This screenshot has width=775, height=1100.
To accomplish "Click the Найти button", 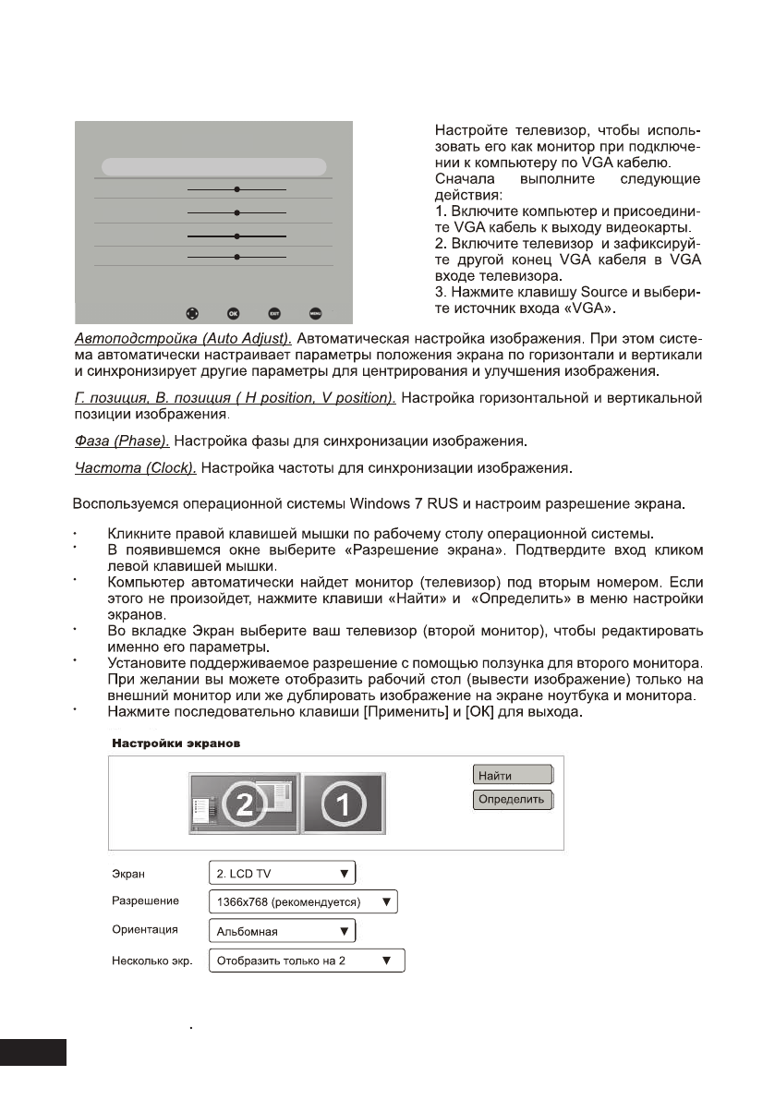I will [513, 775].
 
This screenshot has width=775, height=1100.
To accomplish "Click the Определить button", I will [513, 798].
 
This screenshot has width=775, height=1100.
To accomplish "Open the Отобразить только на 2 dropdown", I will [306, 961].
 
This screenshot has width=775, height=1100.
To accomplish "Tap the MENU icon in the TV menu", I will [316, 312].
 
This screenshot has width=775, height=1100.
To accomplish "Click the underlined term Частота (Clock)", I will [135, 468].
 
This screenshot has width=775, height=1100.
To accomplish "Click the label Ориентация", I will [143, 930].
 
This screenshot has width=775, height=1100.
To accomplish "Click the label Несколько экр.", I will [150, 961].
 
